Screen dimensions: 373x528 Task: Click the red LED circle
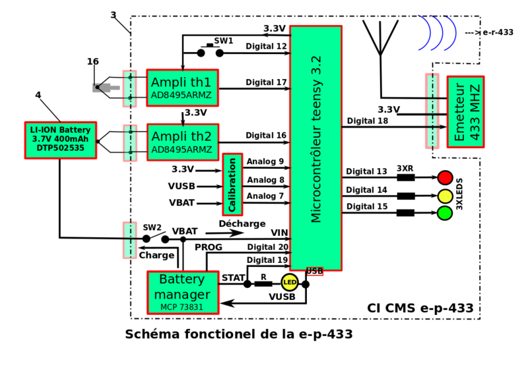click(445, 177)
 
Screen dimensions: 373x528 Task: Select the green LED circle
click(445, 213)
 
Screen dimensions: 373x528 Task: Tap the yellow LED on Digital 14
click(445, 195)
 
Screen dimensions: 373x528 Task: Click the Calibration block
click(232, 184)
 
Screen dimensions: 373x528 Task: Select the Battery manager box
click(183, 292)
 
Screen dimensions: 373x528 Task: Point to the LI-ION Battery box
click(60, 140)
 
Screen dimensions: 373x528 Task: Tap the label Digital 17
click(266, 82)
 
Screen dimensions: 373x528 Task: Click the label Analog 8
click(265, 179)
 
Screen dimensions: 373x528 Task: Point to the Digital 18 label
click(367, 121)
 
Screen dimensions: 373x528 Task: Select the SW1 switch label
click(223, 41)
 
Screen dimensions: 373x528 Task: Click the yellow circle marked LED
click(289, 283)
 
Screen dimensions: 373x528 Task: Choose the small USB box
click(315, 271)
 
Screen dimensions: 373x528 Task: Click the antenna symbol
click(380, 46)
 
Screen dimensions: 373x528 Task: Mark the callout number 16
click(92, 61)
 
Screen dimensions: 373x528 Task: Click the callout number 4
click(38, 95)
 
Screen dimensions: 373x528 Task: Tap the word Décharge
click(242, 223)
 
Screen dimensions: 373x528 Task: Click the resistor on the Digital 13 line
click(405, 177)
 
